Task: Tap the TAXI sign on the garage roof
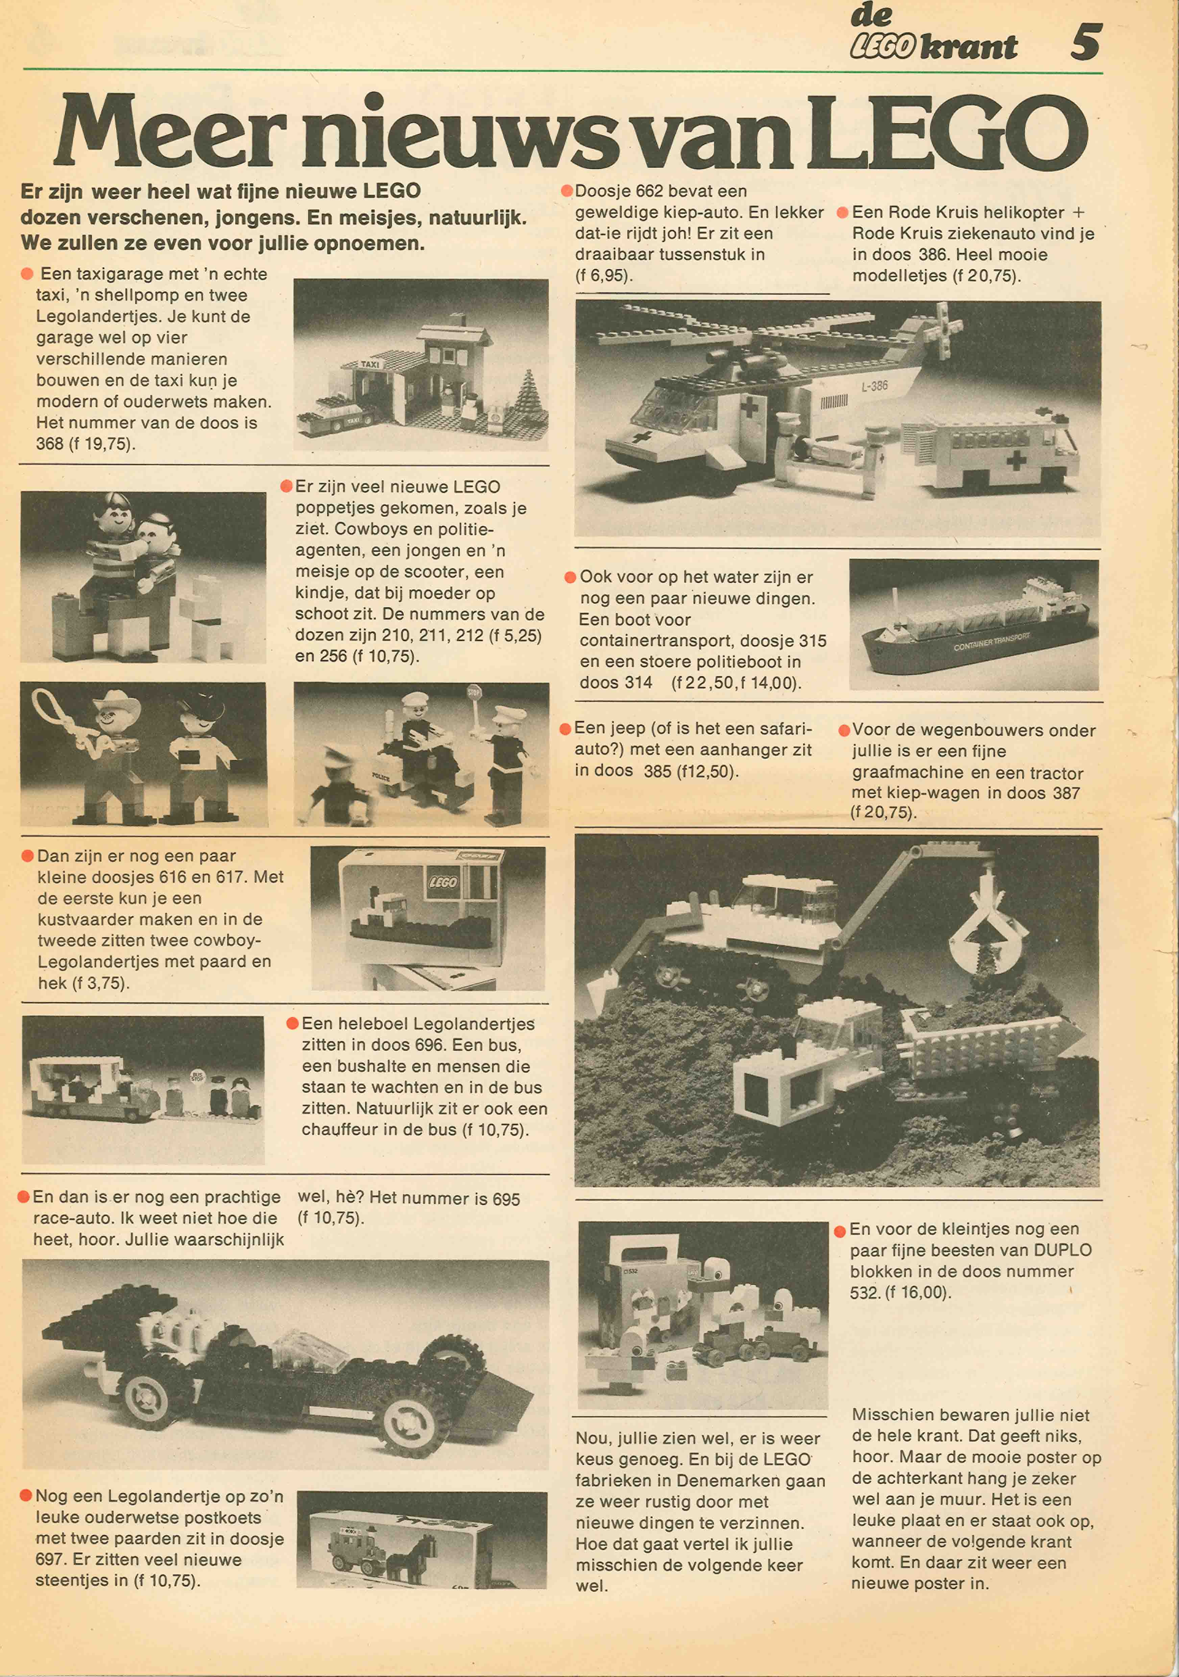370,364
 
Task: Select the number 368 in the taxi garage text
50,443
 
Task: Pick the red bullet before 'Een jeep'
565,729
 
